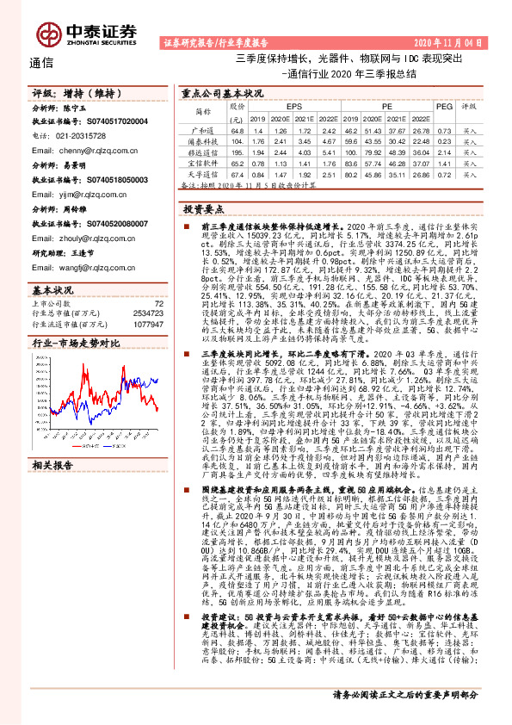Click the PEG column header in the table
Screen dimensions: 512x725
443,105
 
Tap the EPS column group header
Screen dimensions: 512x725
283,105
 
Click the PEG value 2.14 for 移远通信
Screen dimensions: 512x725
443,150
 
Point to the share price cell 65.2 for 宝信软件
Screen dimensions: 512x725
238,161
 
